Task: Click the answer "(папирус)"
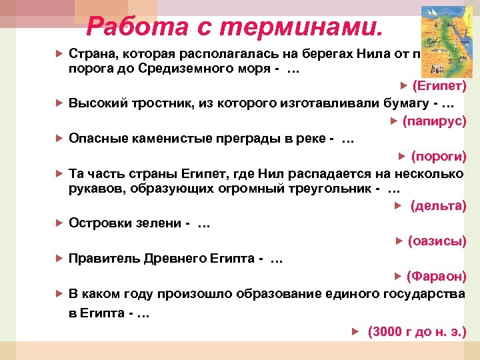coord(434,121)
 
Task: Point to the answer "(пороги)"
coord(439,157)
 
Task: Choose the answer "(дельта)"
coord(438,205)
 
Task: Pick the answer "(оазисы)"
coord(437,241)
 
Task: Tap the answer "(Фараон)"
coord(436,276)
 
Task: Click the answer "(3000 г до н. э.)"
coord(417,331)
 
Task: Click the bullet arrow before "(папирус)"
coord(394,121)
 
